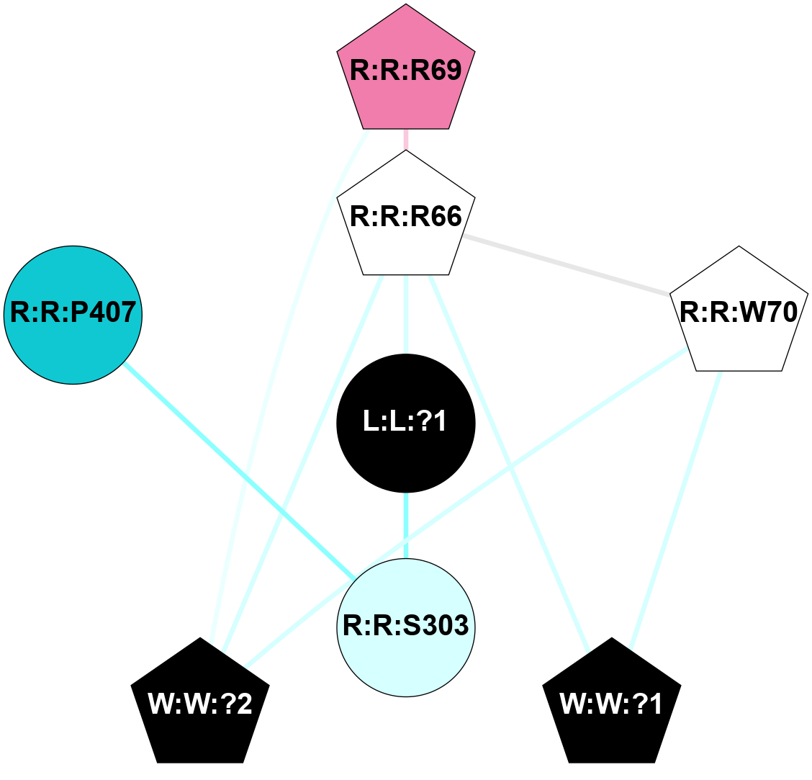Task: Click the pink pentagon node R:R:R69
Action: [x=406, y=72]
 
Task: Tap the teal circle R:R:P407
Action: [x=73, y=315]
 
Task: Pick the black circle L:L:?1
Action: [x=406, y=423]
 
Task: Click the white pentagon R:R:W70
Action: [x=739, y=313]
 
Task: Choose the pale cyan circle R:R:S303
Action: [x=406, y=627]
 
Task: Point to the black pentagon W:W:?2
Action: [x=200, y=704]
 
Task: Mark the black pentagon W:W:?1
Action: [x=611, y=704]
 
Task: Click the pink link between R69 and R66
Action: [x=406, y=140]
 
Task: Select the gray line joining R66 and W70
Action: [x=567, y=265]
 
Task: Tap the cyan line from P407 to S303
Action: [x=238, y=470]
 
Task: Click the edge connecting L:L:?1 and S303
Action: [x=406, y=526]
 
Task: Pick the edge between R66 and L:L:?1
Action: [x=406, y=314]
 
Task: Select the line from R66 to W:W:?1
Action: [x=508, y=461]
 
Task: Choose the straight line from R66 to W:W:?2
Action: [x=302, y=461]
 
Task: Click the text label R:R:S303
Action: [x=406, y=627]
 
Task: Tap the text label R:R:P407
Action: [x=73, y=313]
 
